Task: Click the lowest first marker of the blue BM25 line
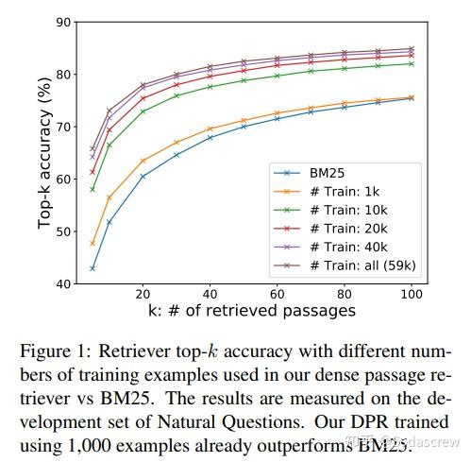(93, 268)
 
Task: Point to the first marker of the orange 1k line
(93, 243)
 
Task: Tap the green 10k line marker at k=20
(143, 111)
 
